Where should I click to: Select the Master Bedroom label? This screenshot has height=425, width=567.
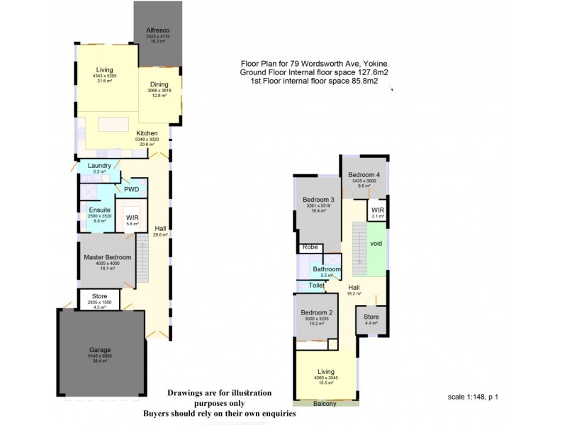click(x=107, y=256)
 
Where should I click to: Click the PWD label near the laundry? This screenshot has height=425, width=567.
click(x=132, y=190)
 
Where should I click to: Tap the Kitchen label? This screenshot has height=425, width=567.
click(x=147, y=133)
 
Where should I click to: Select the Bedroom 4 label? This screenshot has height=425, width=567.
click(x=362, y=175)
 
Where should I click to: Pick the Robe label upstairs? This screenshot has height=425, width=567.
click(x=310, y=247)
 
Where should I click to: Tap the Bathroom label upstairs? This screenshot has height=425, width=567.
click(x=327, y=269)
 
